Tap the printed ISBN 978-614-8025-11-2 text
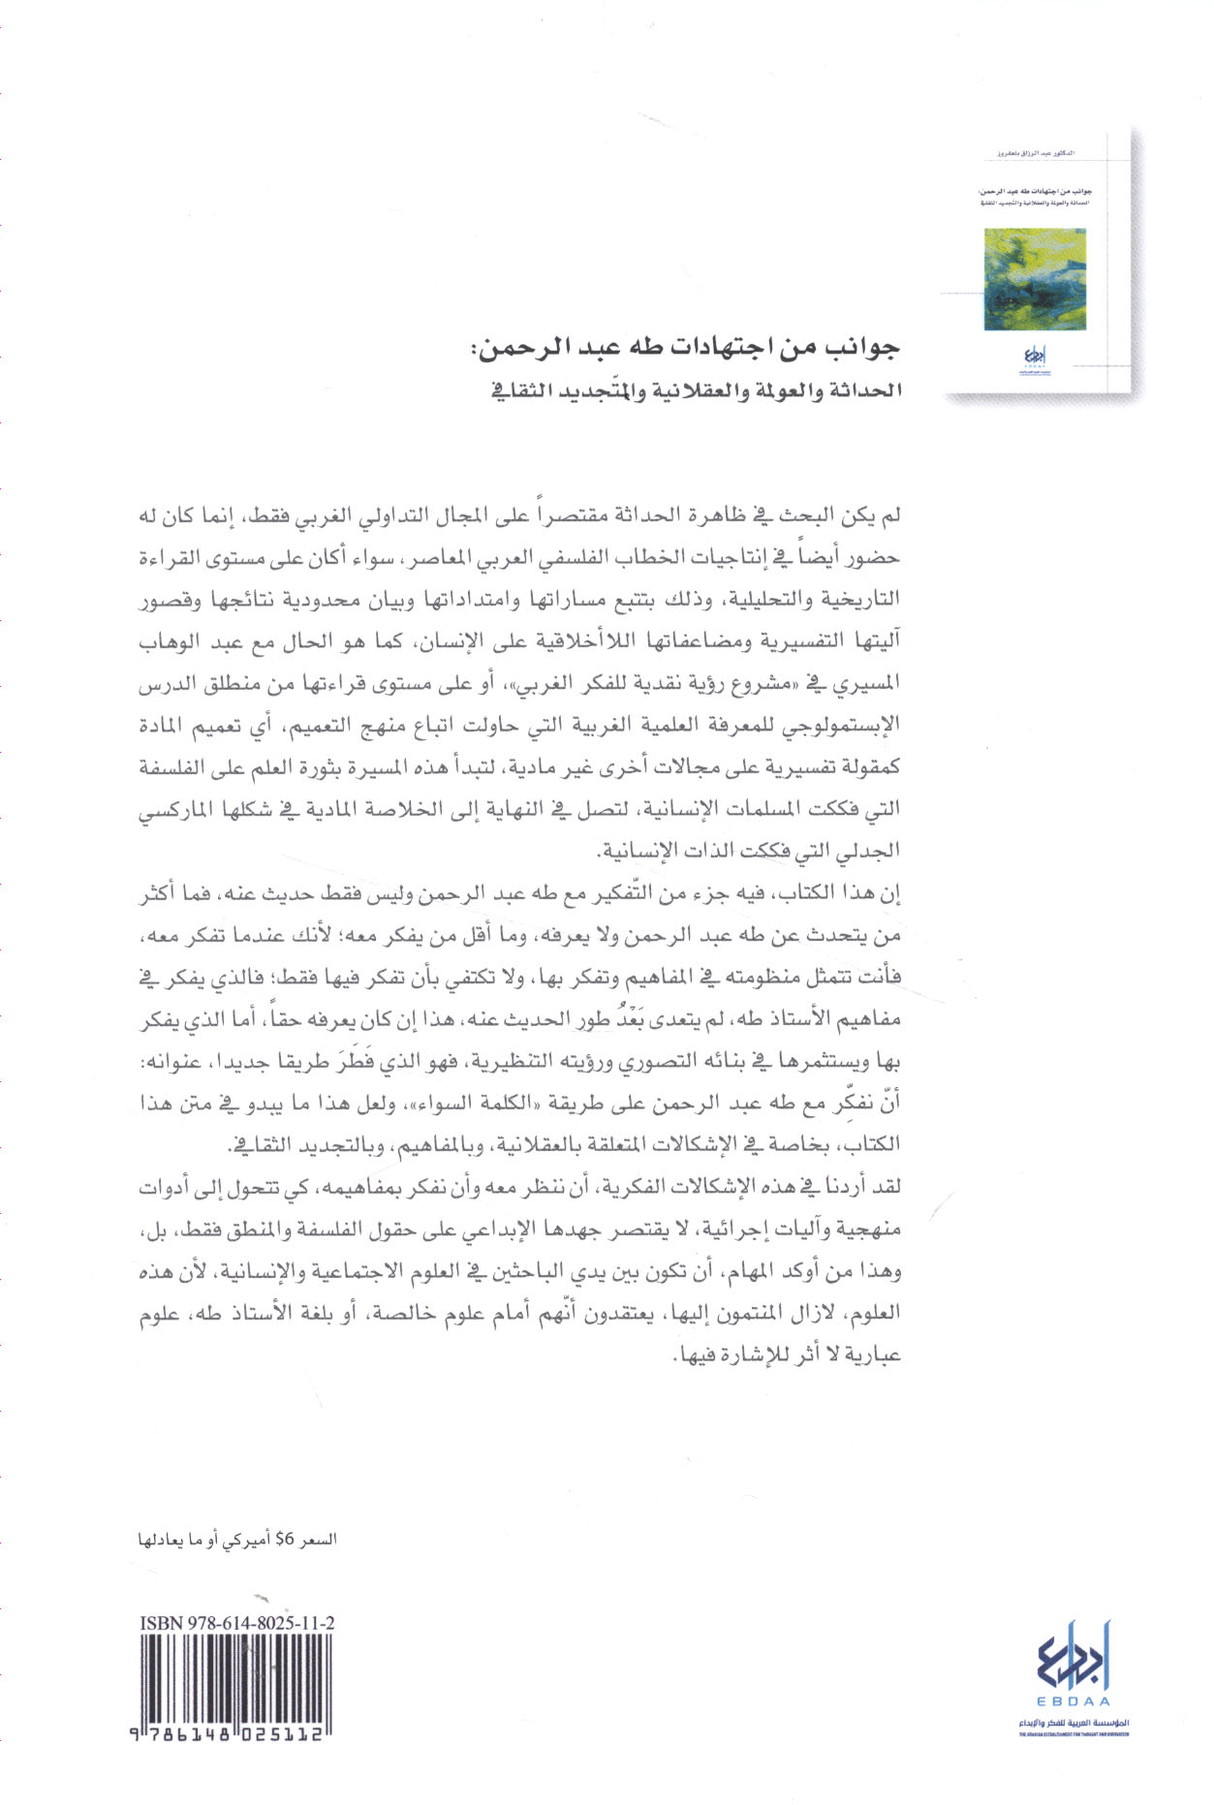(x=237, y=1622)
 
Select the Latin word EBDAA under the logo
(x=1074, y=1701)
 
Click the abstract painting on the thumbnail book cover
(x=1034, y=280)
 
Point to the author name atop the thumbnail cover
(x=1036, y=153)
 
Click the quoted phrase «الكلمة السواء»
(x=496, y=1103)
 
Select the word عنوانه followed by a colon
(x=172, y=1061)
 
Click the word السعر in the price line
(x=317, y=1539)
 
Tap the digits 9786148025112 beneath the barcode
(x=233, y=1736)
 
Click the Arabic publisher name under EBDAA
(x=1074, y=1723)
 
